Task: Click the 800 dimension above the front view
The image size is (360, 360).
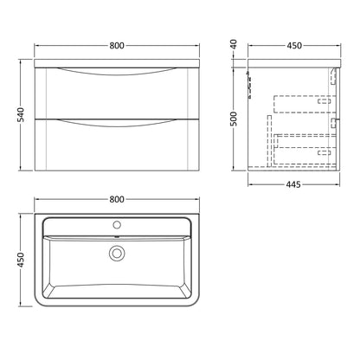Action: point(117,46)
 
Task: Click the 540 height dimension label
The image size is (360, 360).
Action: point(22,114)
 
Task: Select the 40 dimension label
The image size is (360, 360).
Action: point(234,44)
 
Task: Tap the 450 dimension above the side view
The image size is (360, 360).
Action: point(294,46)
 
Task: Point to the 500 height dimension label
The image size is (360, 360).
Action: point(234,119)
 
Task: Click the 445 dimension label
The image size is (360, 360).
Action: point(294,184)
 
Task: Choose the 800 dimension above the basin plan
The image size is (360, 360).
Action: point(117,199)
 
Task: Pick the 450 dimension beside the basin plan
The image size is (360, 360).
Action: point(22,260)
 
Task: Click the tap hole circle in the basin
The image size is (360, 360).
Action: point(117,224)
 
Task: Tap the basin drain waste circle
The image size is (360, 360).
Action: point(117,254)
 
